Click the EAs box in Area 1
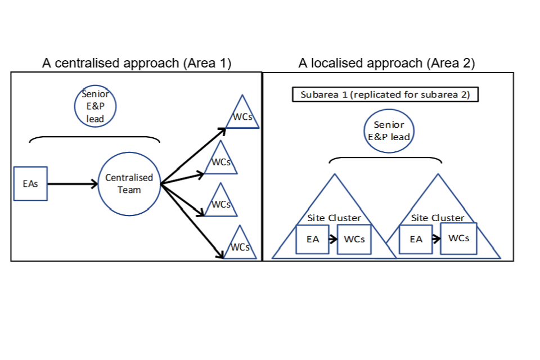click(x=31, y=183)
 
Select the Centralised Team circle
click(x=129, y=183)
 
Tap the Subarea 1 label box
click(x=385, y=94)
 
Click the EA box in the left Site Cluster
click(x=313, y=239)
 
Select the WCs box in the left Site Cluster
click(x=354, y=239)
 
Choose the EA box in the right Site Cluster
click(x=416, y=239)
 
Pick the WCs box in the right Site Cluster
click(x=458, y=238)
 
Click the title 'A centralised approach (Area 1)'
click(x=137, y=63)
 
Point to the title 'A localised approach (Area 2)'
click(x=386, y=63)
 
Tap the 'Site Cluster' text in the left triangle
click(x=334, y=218)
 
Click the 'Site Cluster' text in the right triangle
click(x=438, y=218)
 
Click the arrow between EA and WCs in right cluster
click(x=436, y=239)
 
